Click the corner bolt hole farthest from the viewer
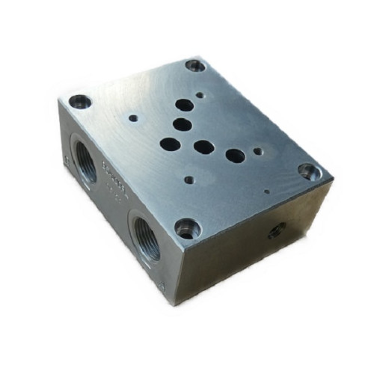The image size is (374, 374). coord(195,66)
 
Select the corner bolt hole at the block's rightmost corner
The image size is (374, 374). coord(309,171)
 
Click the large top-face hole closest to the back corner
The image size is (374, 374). coord(183,106)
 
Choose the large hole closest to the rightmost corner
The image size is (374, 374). coord(235,156)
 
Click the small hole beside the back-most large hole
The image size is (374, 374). coord(200,95)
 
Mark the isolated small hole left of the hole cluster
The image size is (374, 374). coord(133,117)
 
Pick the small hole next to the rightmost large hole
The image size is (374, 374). coord(257,151)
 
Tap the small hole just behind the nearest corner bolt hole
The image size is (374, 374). coord(190,180)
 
